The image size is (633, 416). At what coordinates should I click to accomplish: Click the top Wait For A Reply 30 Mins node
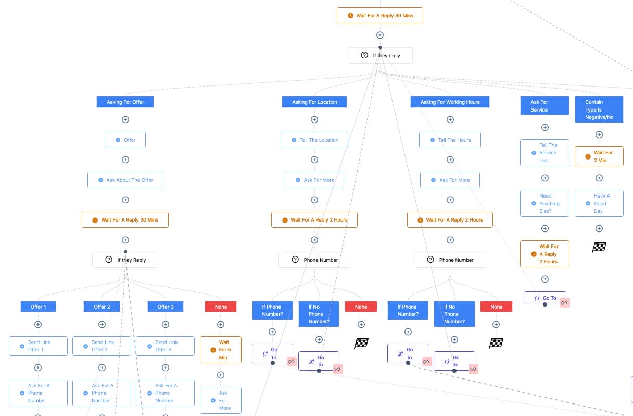pos(379,16)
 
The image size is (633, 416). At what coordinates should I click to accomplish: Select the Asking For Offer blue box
pos(125,102)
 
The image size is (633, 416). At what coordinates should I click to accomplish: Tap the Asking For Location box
pos(314,102)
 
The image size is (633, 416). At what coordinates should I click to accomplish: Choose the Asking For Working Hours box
pos(450,102)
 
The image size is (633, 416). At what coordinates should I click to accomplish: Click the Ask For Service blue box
pos(545,106)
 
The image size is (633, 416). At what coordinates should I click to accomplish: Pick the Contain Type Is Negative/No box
pos(599,109)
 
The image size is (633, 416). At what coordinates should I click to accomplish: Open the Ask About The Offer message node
pos(125,180)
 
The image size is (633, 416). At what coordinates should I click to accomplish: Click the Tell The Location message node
pos(314,140)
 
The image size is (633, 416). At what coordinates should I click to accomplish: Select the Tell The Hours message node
pos(450,140)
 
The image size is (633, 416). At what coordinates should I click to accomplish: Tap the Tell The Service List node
pos(545,153)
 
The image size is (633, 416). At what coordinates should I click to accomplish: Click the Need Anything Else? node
pos(545,203)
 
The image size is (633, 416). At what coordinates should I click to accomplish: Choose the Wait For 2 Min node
pos(599,156)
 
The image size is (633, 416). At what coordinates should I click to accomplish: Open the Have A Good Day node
pos(599,203)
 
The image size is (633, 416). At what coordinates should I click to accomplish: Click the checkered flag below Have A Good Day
pos(599,247)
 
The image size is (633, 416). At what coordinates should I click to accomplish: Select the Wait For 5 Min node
pos(221,350)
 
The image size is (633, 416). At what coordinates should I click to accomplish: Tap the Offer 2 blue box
pos(102,307)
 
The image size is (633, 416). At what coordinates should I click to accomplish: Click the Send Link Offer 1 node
pos(38,346)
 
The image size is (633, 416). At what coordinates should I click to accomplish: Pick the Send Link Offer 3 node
pos(165,346)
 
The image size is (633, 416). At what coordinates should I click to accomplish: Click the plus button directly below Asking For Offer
pos(125,119)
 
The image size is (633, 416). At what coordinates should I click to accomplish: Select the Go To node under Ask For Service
pos(544,298)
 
